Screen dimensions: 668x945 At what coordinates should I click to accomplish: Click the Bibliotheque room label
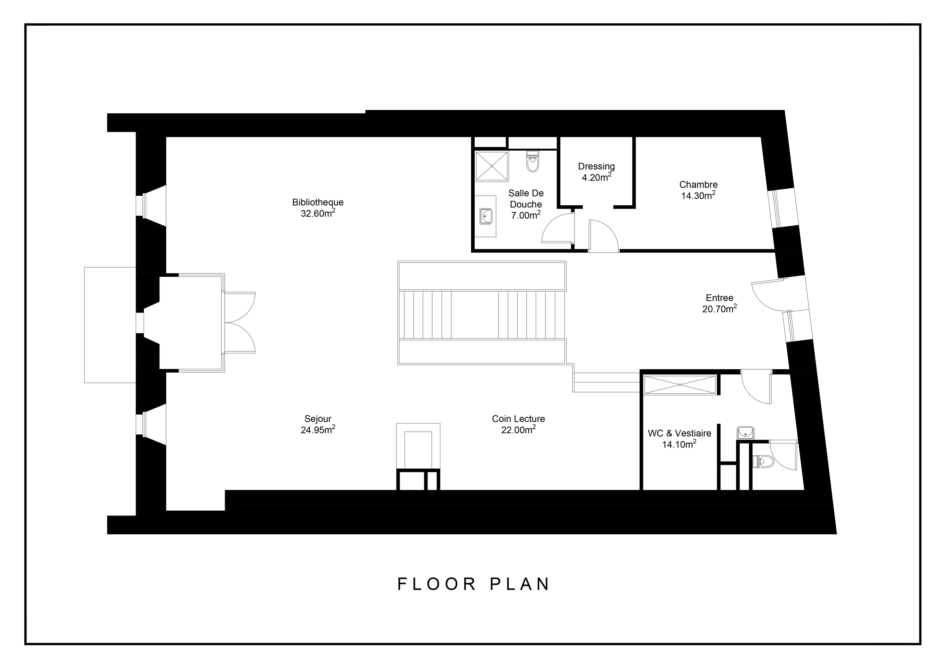[x=318, y=202]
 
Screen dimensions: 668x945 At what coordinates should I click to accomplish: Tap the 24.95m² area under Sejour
[x=318, y=430]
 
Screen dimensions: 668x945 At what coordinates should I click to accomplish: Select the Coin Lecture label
[x=518, y=419]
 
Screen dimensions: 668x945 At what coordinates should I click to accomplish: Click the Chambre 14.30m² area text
[x=698, y=196]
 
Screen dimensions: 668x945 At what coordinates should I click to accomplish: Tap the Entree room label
[x=719, y=298]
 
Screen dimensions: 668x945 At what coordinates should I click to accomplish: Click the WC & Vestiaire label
[x=679, y=433]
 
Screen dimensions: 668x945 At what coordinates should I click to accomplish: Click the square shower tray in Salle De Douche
[x=491, y=166]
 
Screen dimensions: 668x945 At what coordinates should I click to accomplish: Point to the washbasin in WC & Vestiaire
[x=745, y=433]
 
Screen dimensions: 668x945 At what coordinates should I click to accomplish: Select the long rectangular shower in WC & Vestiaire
[x=680, y=385]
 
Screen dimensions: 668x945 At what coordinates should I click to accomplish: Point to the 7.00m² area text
[x=525, y=215]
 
